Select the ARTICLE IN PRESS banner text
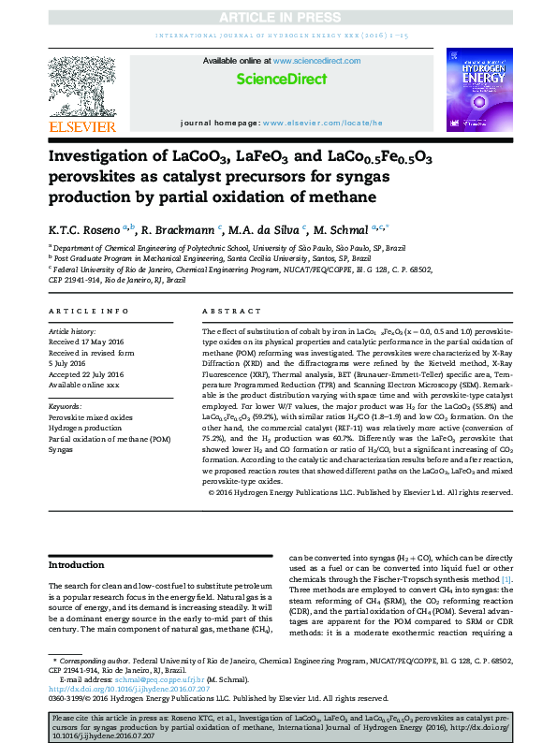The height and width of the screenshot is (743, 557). tap(277, 19)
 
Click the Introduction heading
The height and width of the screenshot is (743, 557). tap(77, 565)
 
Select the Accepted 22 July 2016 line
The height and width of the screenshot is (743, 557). tap(88, 374)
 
